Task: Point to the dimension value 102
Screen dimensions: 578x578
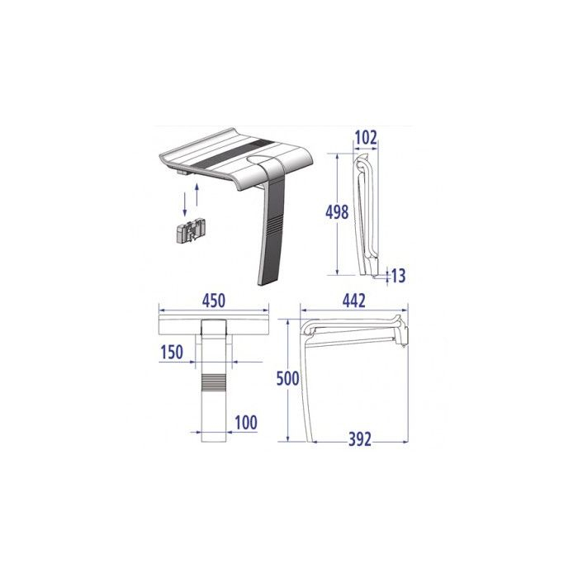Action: pos(365,138)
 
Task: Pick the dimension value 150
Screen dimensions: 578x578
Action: pos(172,353)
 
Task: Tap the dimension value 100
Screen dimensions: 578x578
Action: pos(245,424)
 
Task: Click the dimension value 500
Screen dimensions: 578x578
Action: pos(286,379)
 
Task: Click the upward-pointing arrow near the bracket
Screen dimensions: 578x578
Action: pos(197,198)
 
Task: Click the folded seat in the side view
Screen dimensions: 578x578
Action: pos(363,219)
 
